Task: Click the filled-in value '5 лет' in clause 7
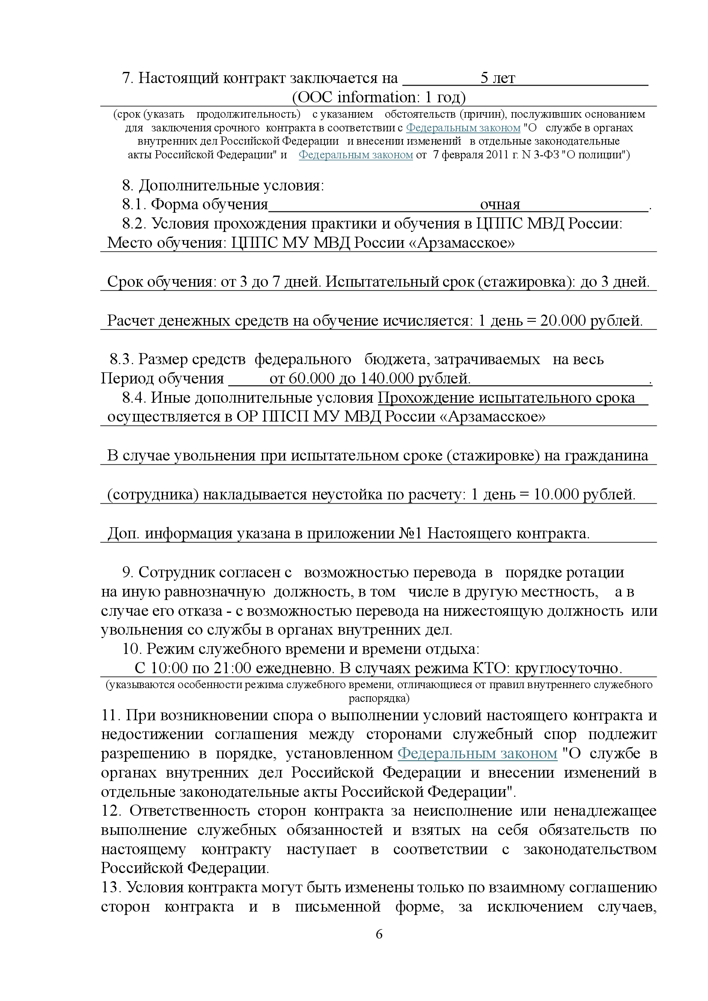pyautogui.click(x=497, y=78)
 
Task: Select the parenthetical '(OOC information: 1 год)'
pyautogui.click(x=378, y=97)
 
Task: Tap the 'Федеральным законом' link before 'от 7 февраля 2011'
pyautogui.click(x=356, y=155)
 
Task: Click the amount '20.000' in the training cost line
pyautogui.click(x=563, y=321)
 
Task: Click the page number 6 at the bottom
pyautogui.click(x=379, y=934)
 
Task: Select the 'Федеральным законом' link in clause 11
pyautogui.click(x=477, y=753)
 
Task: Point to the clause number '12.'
pyautogui.click(x=111, y=811)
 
